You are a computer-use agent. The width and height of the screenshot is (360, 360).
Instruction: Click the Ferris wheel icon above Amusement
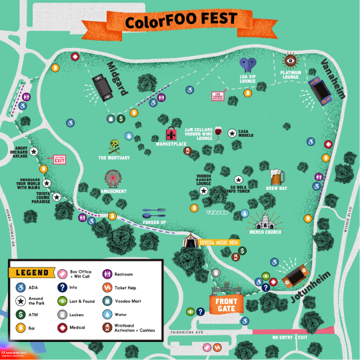pos(113,178)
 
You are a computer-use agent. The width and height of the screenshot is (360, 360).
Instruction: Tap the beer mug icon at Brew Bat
pos(277,177)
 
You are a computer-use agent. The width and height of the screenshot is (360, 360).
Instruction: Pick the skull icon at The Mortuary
pos(115,145)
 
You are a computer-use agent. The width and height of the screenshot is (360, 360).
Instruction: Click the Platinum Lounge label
pos(291,75)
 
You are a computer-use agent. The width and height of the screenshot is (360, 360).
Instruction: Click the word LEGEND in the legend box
pos(31,273)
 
